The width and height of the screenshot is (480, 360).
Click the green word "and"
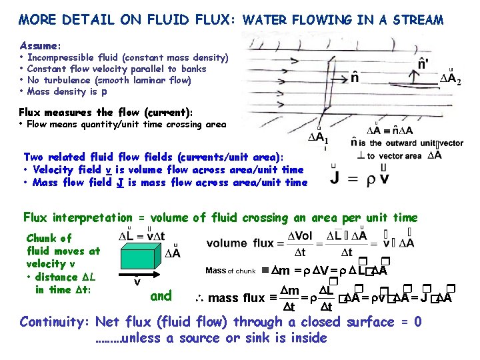click(161, 295)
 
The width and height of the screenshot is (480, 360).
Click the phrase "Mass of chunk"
click(230, 271)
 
